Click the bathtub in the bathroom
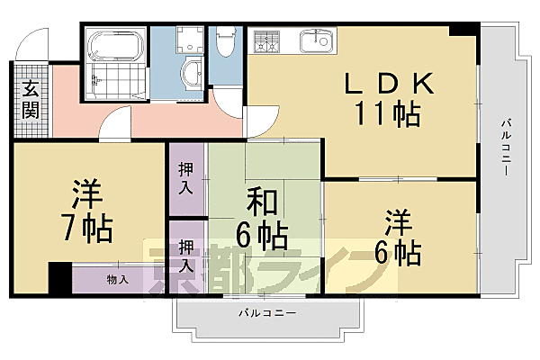(114, 43)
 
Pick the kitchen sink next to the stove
(314, 40)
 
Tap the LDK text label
(390, 85)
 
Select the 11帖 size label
(390, 114)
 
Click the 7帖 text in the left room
(87, 229)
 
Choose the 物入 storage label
(118, 279)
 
